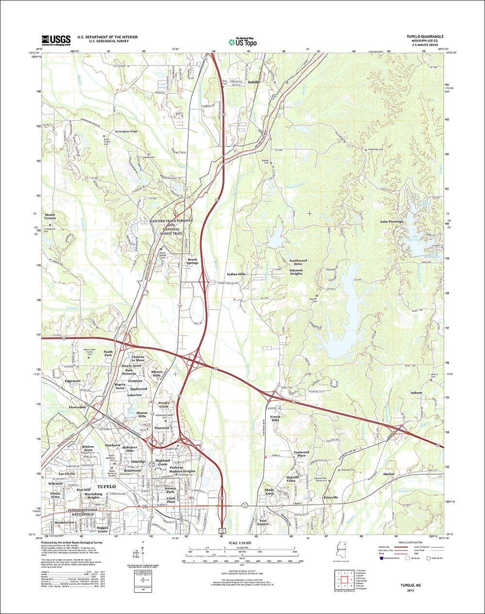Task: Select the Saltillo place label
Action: pos(254,83)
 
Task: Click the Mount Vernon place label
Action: pos(50,216)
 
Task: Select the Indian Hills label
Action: pos(236,274)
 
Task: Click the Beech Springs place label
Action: pos(193,261)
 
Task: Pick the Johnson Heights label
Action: pos(296,272)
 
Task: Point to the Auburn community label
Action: pos(416,392)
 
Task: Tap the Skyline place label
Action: pos(388,474)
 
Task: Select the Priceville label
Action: pos(331,498)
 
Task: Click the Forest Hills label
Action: pos(275,418)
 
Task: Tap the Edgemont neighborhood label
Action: pos(72,381)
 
